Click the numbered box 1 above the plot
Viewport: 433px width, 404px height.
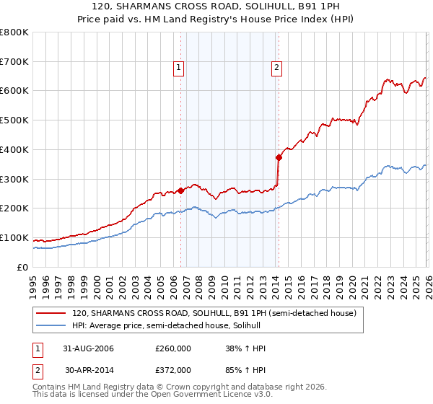[x=178, y=68]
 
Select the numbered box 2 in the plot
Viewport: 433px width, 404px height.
[x=276, y=68]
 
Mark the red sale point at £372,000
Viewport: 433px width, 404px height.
[x=279, y=157]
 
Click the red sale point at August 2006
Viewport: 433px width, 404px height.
[x=181, y=190]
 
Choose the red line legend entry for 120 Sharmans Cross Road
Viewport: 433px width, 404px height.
[x=214, y=314]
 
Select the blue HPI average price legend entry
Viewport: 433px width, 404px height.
[x=170, y=326]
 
